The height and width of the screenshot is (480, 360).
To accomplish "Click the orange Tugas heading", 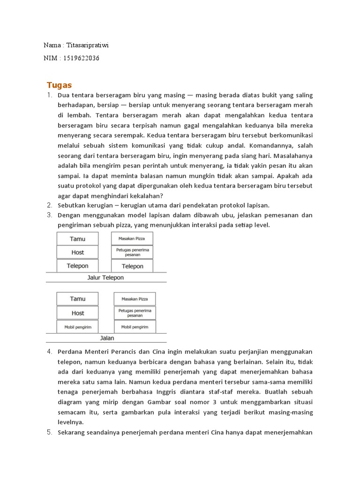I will pos(59,85).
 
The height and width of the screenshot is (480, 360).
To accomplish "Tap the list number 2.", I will pos(49,205).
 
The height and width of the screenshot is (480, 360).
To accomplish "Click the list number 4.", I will pos(49,352).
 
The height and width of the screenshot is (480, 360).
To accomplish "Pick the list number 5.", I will pos(49,433).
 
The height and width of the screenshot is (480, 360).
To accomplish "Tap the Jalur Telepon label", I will pos(105,277).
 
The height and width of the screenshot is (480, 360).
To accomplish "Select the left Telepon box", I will pos(77,266).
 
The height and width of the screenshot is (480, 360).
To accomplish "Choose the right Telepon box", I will pos(132,266).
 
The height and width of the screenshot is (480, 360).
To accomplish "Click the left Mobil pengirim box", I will pos(77,327).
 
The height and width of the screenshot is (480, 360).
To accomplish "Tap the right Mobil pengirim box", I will pos(135,327).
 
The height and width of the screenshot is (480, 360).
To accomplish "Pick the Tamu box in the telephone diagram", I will pos(77,239).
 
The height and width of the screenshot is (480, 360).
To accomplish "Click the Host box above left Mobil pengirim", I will pos(77,313).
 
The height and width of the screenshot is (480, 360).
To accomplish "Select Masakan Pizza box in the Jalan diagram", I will pos(135,299).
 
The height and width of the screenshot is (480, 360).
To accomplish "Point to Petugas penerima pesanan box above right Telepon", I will pos(132,252).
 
